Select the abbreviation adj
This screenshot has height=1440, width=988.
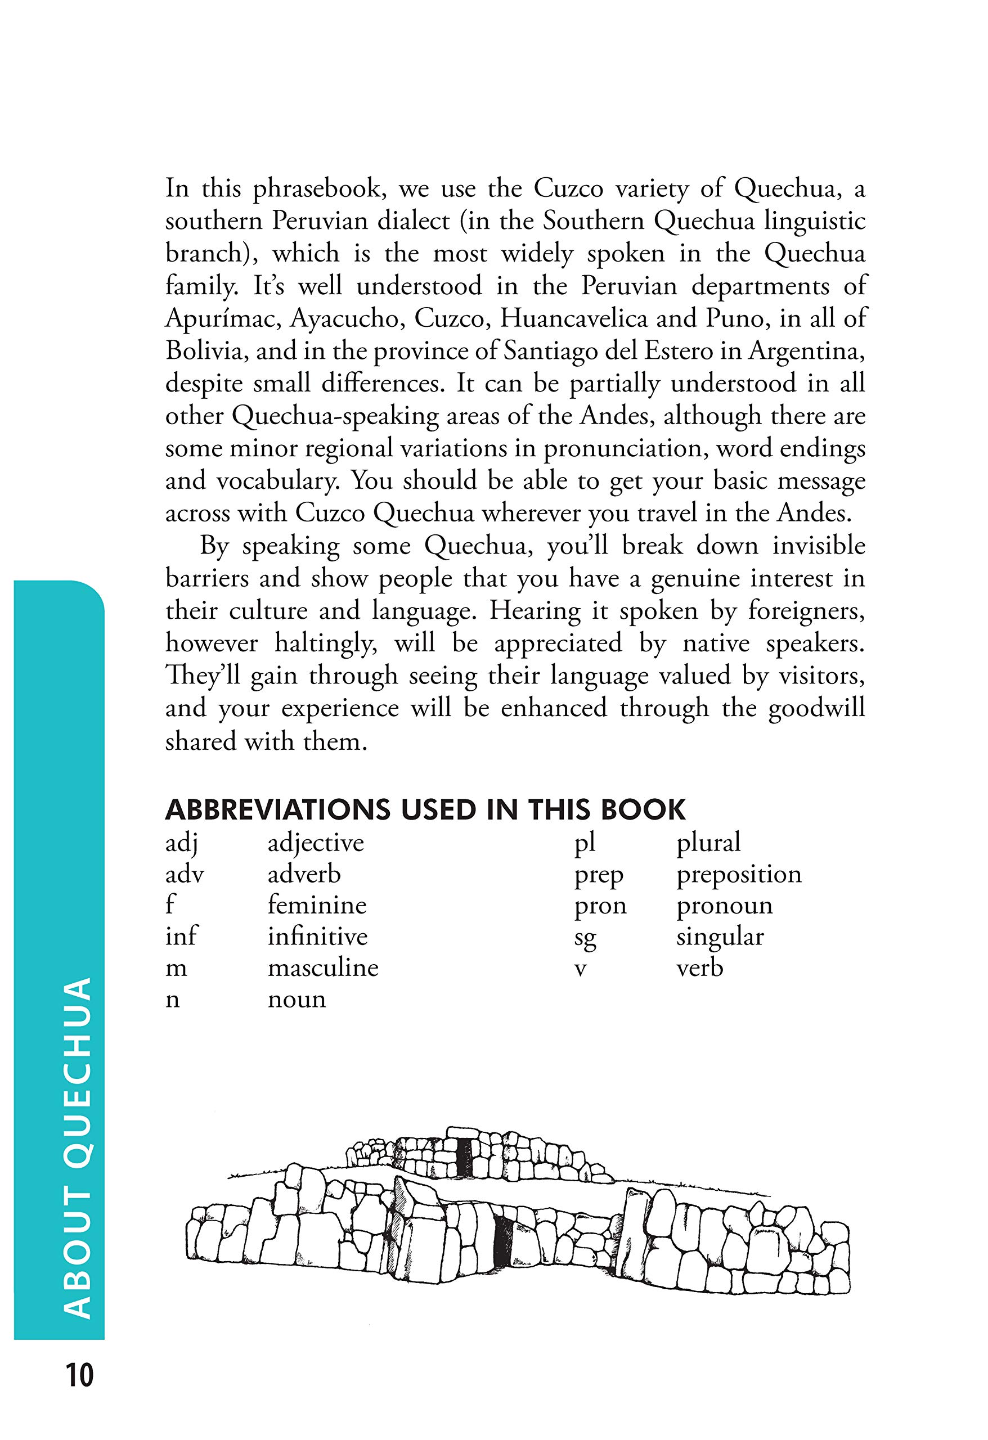click(182, 843)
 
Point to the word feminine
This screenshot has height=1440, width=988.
click(317, 905)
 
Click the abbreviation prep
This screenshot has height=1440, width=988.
click(598, 875)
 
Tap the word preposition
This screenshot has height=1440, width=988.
click(739, 875)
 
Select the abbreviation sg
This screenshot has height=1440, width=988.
click(585, 938)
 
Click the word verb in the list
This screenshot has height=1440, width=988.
click(699, 968)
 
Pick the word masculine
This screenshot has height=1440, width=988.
click(322, 968)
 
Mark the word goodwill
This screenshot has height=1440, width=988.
click(816, 708)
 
